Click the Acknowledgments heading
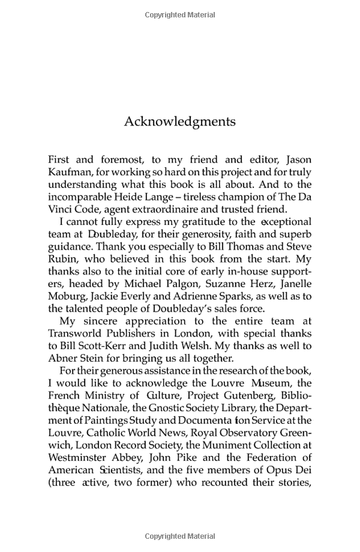point(179,121)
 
